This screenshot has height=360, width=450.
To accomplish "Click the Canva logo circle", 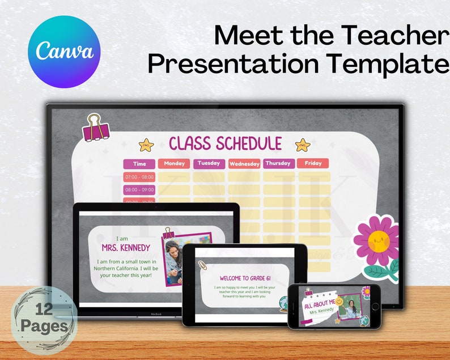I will pyautogui.click(x=63, y=52).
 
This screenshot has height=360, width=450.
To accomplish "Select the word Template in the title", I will pyautogui.click(x=386, y=65).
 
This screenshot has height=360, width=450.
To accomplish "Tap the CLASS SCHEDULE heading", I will pyautogui.click(x=225, y=143).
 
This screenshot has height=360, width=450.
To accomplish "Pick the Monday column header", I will pyautogui.click(x=174, y=163).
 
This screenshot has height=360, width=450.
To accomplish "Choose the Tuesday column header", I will pyautogui.click(x=209, y=163).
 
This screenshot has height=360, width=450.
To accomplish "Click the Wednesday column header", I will pyautogui.click(x=244, y=164).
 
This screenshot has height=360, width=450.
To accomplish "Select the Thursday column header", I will pyautogui.click(x=278, y=163).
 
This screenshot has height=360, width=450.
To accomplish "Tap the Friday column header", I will pyautogui.click(x=313, y=163).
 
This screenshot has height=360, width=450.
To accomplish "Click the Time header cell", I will pyautogui.click(x=139, y=164).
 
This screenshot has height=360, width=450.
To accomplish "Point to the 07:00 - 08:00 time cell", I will pyautogui.click(x=139, y=177).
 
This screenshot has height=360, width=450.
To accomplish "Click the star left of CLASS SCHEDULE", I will pyautogui.click(x=146, y=145).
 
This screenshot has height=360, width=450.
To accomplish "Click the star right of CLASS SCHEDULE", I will pyautogui.click(x=303, y=145).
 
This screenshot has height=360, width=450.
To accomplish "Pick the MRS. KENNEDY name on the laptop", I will pyautogui.click(x=126, y=248).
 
